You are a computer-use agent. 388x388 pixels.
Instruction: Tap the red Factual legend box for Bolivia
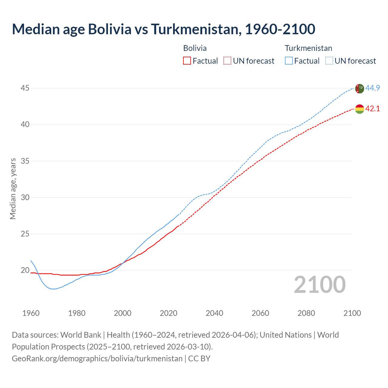coord(187,61)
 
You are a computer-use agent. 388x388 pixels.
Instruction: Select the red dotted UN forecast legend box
coord(227,61)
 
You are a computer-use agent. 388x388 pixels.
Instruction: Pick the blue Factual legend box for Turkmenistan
coord(289,61)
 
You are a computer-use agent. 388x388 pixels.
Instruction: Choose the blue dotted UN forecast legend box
coord(329,61)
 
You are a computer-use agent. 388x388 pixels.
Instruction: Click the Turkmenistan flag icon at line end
coord(360,89)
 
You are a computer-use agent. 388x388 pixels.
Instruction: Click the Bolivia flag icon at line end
coord(360,109)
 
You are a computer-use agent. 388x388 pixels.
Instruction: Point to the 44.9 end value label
coord(373,88)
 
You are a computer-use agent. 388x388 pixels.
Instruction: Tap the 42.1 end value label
coord(373,109)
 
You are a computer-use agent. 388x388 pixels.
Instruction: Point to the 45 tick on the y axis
coord(25,88)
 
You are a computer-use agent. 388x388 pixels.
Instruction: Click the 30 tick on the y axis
coord(25,197)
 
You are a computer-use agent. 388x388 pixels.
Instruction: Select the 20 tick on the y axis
coord(25,270)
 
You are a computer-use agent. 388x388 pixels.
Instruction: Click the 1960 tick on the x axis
coord(31,313)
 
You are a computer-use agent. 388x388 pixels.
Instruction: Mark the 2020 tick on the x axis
coord(169,313)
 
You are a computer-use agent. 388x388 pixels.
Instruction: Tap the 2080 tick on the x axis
coord(306,313)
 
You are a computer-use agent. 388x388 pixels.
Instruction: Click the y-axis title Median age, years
coord(13,189)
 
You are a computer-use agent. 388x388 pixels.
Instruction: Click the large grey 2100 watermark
coord(319,285)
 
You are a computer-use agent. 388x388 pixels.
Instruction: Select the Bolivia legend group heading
coord(195,48)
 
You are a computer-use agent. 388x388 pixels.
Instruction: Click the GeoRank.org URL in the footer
coord(97,359)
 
